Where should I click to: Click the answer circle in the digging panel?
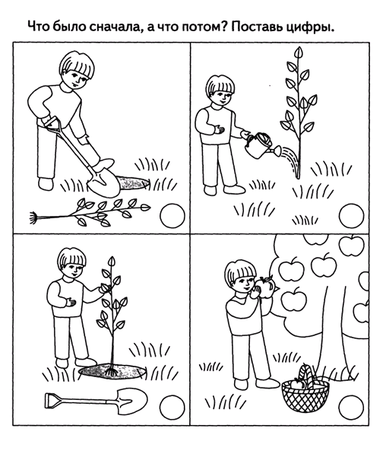172,216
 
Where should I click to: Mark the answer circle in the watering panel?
351,216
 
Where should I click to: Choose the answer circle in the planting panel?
172,408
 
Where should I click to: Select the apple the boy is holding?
264,287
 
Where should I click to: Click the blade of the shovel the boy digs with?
104,182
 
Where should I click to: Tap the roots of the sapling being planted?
112,372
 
